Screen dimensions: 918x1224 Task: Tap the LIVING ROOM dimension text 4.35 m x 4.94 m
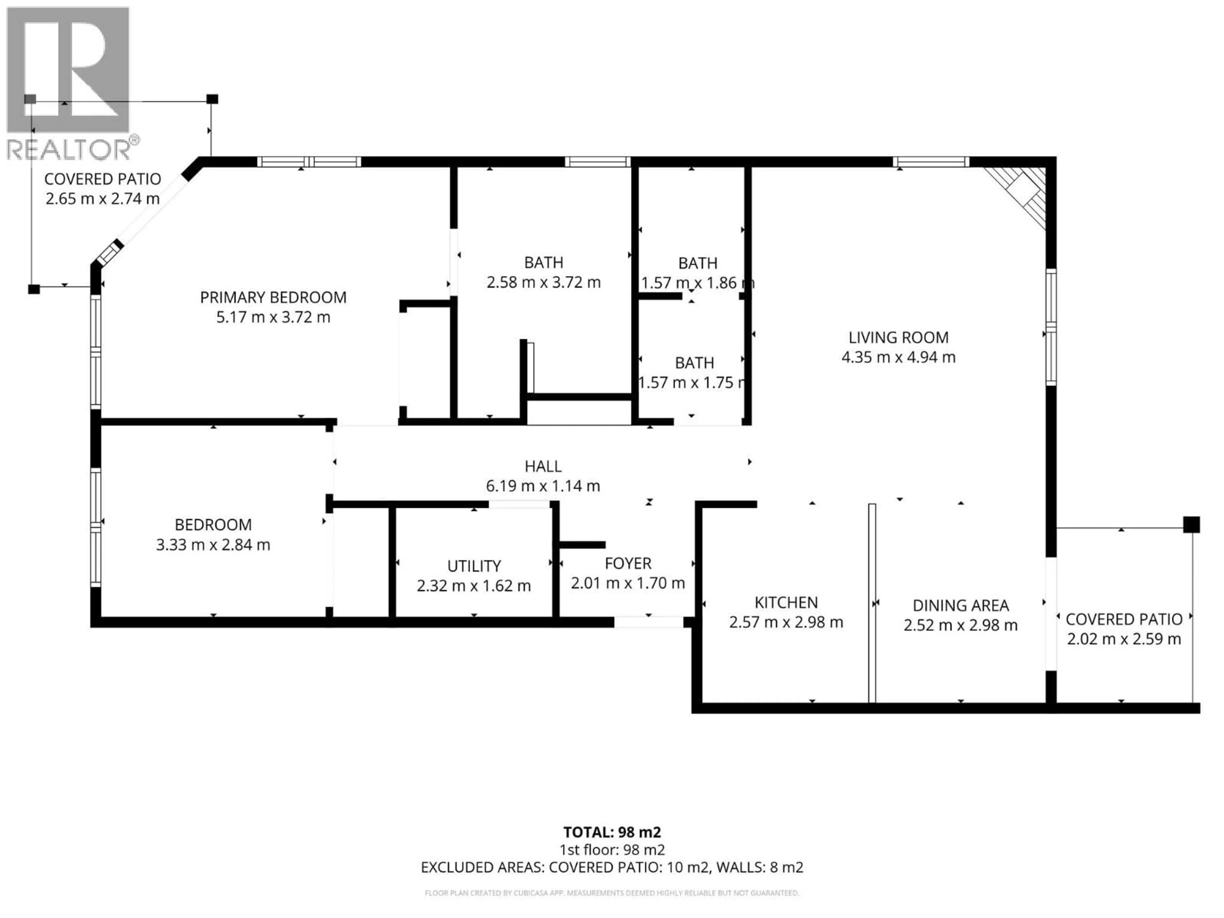point(898,357)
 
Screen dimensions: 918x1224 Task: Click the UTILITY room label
point(474,566)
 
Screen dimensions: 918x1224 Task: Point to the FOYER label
point(628,563)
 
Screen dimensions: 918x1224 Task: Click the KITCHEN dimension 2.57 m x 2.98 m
point(786,623)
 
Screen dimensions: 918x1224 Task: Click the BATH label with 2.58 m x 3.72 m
point(543,262)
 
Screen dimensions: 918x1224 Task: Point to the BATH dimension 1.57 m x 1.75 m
point(693,383)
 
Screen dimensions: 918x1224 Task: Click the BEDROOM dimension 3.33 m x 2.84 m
point(213,545)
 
